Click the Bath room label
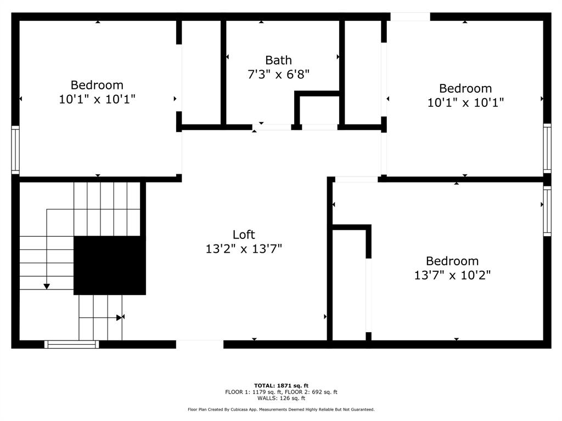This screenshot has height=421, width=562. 278,60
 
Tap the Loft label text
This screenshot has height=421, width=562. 244,235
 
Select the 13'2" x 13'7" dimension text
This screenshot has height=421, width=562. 244,248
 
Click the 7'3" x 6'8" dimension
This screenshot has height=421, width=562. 278,74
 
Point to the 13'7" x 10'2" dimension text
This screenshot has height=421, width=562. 452,275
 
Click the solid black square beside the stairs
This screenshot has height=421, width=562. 110,265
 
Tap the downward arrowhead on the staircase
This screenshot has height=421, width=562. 47,286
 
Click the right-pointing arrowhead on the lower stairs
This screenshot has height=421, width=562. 119,317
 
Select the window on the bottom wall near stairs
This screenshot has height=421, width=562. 72,344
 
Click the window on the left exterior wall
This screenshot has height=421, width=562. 15,150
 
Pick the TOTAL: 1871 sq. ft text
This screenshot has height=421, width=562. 282,385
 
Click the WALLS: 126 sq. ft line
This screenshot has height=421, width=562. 282,398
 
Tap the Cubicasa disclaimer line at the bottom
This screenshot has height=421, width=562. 282,409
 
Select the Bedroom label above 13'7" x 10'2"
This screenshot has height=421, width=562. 452,261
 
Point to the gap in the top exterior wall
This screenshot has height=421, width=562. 410,16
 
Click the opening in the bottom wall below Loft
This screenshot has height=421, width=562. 200,344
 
